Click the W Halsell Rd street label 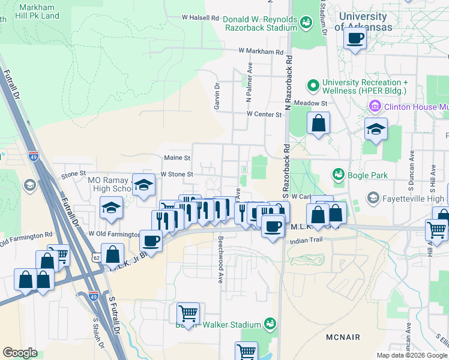click(200, 18)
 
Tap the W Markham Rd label click(261, 52)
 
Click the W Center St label click(264, 114)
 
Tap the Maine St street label click(177, 158)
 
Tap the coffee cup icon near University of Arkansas click(355, 39)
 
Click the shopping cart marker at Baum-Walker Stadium click(188, 313)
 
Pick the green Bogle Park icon click(338, 175)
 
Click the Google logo click(20, 353)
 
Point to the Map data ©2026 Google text click(412, 355)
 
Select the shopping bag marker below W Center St click(319, 124)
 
